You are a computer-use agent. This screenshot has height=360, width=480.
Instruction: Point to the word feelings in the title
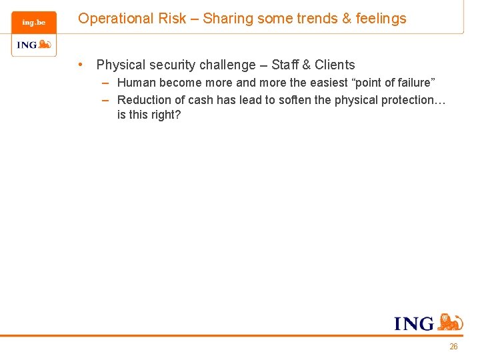click(381, 19)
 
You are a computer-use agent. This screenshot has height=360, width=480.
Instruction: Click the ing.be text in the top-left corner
click(33, 23)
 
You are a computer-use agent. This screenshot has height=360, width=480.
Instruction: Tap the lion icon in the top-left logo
click(45, 45)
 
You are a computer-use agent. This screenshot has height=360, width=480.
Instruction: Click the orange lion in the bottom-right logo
click(451, 322)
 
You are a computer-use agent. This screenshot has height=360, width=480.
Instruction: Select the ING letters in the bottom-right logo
click(414, 324)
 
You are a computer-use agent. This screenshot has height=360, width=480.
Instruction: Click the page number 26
click(453, 347)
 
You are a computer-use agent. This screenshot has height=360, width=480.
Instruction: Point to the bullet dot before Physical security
click(80, 65)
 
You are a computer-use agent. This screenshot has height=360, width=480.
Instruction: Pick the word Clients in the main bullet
click(335, 65)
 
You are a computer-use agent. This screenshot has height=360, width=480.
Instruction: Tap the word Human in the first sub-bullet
click(135, 83)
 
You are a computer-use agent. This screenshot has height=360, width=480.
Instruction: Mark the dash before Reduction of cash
click(106, 100)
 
